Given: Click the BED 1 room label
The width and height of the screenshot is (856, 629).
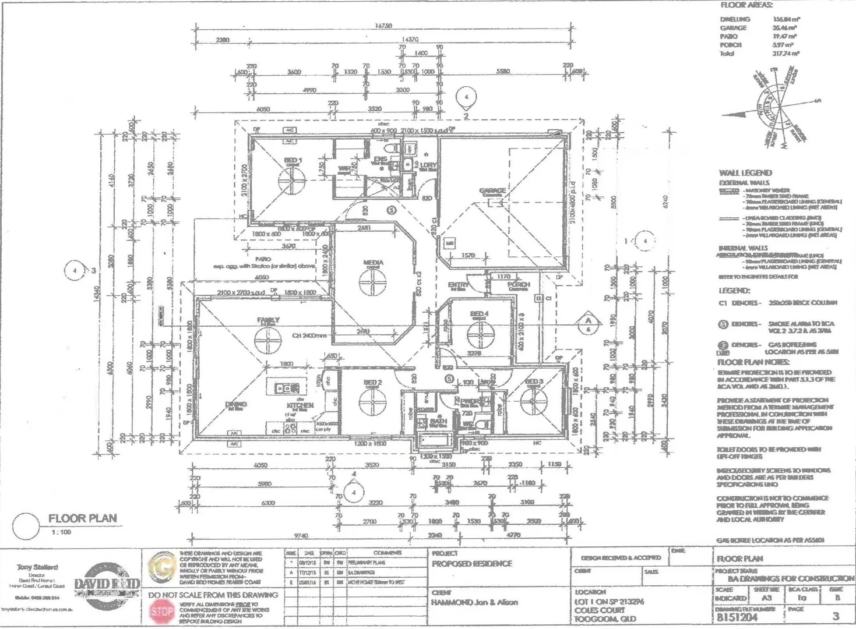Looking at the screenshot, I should coord(293,160).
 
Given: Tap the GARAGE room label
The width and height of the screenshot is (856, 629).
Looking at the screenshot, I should coord(492,191).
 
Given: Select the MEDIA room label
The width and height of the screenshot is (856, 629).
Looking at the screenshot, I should coord(373,263).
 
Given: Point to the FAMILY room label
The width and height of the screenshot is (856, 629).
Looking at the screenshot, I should coord(268,320).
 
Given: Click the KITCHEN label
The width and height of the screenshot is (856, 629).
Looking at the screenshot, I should coord(300,405).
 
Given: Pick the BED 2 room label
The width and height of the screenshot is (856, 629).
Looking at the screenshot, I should coord(372,383).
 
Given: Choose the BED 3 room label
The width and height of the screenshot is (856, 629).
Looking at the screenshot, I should coord(534,382).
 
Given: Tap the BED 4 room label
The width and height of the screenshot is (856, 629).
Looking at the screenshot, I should coord(479,314).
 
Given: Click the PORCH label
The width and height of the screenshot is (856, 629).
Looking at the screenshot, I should coord(518,285).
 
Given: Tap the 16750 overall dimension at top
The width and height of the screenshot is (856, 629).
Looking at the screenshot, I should coord(383,26).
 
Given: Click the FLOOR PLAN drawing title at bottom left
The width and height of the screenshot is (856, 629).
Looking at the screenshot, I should coord(82,518).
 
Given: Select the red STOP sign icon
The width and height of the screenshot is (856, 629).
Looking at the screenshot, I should coord(162,612).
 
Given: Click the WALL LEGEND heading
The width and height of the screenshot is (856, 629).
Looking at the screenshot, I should coord(745,173).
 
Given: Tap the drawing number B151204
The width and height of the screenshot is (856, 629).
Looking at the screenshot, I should coord(737,617).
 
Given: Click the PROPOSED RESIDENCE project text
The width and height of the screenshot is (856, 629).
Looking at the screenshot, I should coord(471,564).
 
